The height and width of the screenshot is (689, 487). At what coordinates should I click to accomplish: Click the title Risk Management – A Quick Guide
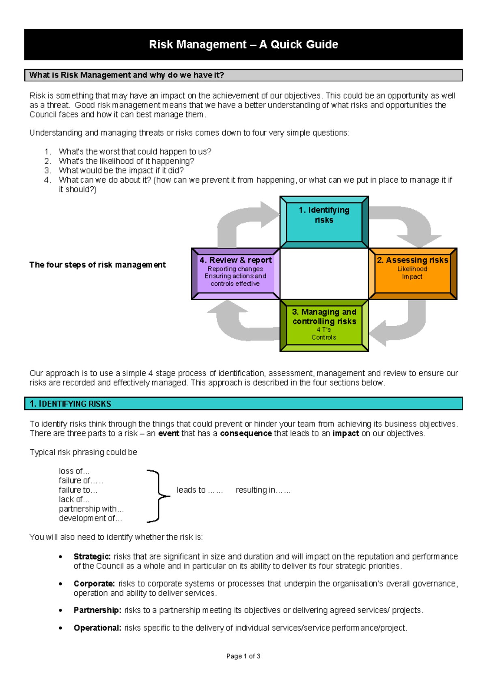[243, 44]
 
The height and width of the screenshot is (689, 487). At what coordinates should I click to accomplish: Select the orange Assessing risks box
[412, 273]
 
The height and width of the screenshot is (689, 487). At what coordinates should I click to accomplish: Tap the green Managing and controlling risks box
[324, 325]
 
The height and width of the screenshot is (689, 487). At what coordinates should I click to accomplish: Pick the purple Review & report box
[235, 273]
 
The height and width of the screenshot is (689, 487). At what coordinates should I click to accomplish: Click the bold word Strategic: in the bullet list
[92, 556]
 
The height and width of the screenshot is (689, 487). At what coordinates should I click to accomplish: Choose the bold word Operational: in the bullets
[97, 628]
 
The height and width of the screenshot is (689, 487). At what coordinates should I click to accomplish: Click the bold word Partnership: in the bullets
[97, 610]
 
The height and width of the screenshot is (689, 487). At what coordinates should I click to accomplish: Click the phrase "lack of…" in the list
[74, 499]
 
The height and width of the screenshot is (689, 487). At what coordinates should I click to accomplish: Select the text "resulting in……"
[263, 490]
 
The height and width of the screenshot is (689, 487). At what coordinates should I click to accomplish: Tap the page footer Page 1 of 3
[243, 656]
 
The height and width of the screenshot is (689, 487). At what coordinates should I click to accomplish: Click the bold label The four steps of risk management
[97, 265]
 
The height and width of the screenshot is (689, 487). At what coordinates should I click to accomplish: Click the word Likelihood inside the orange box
[412, 269]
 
